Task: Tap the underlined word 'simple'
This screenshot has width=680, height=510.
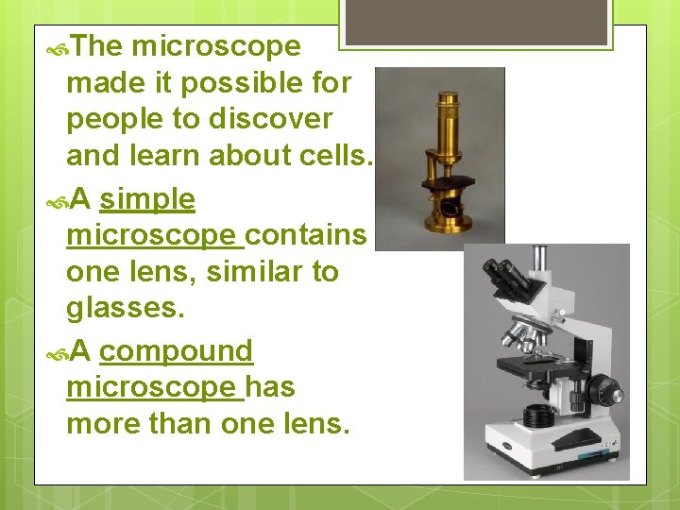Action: pos(146,199)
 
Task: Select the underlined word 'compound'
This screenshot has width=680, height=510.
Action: pos(176,350)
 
